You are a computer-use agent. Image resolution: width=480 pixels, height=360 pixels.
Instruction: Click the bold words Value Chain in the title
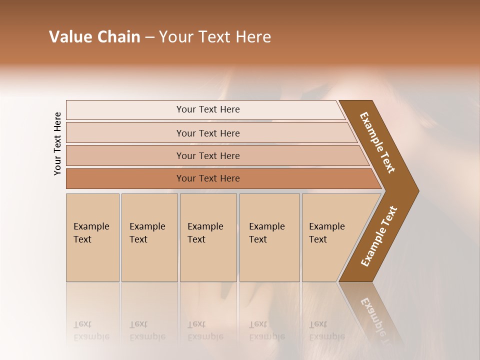[94, 37]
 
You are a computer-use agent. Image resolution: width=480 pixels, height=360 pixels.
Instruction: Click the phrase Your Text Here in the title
[215, 37]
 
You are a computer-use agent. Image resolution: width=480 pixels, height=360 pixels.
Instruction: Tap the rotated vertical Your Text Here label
[57, 144]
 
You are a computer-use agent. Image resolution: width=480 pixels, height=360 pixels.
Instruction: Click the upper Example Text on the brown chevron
[377, 142]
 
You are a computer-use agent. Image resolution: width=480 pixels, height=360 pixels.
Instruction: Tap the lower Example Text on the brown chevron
[379, 236]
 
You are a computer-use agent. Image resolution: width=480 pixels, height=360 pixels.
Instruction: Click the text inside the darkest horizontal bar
[208, 178]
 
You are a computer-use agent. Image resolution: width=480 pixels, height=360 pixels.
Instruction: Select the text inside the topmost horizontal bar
[208, 109]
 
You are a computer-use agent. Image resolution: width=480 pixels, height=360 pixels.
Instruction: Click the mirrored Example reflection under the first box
[91, 336]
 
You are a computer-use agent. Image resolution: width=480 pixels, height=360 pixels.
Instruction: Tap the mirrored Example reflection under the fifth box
[326, 336]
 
